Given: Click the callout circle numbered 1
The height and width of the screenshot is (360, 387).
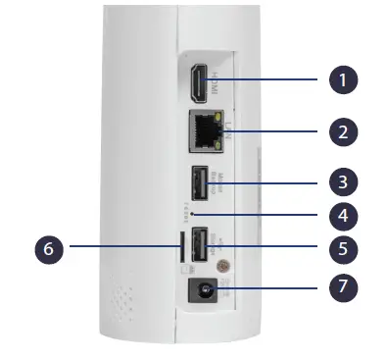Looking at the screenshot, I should pyautogui.click(x=342, y=78).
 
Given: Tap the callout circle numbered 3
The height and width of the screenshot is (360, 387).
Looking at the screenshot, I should pyautogui.click(x=342, y=181).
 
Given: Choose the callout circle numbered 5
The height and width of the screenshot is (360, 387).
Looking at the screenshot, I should pyautogui.click(x=342, y=247).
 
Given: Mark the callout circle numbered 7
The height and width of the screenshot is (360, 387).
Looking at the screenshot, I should pyautogui.click(x=342, y=287).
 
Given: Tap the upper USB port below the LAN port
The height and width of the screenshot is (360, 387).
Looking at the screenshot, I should pyautogui.click(x=197, y=181).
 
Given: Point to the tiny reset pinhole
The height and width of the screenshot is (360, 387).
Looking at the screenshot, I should pyautogui.click(x=194, y=213).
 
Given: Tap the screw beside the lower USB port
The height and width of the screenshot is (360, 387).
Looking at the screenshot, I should pyautogui.click(x=223, y=265).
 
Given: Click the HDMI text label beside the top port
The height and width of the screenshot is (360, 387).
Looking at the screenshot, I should pyautogui.click(x=216, y=84).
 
